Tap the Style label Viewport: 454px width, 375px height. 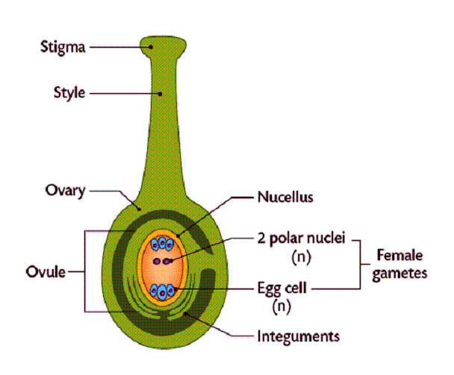(69, 93)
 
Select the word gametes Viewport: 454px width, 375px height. (397, 274)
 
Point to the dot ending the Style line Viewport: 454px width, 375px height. (160, 93)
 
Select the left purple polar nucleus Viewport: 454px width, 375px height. (157, 261)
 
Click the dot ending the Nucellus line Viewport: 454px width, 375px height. (179, 237)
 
